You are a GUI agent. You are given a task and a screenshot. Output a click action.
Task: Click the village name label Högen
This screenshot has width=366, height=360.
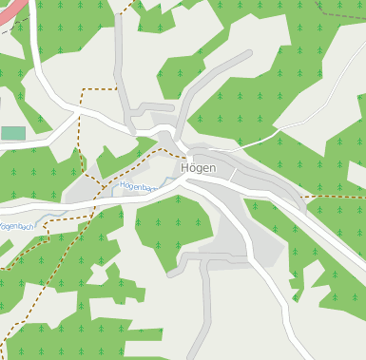pos(198,168)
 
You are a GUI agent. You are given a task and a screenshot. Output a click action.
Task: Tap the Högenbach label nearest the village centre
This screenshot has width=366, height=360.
pos(138,186)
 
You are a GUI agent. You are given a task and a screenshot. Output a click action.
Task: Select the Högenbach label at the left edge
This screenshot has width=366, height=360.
pos(16,226)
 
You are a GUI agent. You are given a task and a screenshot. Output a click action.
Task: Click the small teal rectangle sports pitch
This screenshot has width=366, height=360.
pos(13,133)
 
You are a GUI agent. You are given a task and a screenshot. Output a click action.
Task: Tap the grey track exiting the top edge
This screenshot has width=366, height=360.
pos(117,19)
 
